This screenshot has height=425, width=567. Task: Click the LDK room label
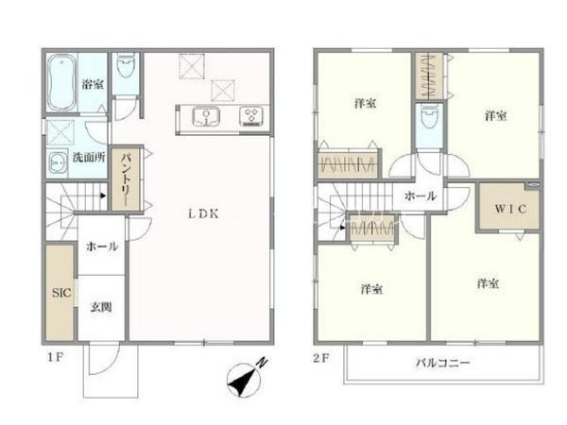point(203,214)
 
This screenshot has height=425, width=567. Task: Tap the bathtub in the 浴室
point(61,82)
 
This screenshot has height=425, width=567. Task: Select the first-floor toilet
point(126,66)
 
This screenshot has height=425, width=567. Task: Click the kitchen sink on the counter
point(206,116)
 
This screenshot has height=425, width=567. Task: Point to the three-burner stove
point(251,116)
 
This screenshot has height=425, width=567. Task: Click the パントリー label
point(126,178)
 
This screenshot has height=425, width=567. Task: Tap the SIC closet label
point(61,293)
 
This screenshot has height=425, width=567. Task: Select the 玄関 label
point(101,307)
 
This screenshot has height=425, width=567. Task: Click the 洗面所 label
point(89,158)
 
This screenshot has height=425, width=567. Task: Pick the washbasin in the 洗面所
point(58,163)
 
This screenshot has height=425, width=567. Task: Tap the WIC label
point(510,209)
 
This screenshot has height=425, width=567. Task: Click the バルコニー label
point(442,363)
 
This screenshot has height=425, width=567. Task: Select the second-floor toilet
point(429,117)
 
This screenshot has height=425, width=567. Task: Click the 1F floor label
point(56,358)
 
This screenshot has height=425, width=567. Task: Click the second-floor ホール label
point(421,196)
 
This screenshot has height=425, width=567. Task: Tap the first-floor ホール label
point(102,246)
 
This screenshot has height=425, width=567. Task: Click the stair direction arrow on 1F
point(103,195)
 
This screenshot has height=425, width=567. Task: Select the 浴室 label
point(93,84)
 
